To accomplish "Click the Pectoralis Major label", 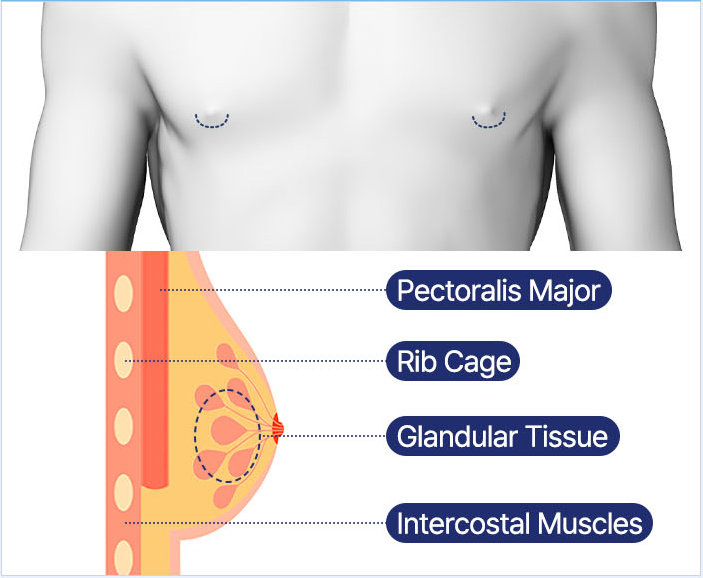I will (x=498, y=290).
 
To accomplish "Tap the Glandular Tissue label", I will (x=503, y=436).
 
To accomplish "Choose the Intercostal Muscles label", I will (x=520, y=522).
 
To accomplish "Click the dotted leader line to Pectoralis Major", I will (x=270, y=290).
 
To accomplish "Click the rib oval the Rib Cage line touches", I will (x=124, y=358).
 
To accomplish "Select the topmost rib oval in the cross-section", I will (x=124, y=293).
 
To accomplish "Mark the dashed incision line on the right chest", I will (x=489, y=124).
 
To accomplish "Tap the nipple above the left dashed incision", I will (x=212, y=104).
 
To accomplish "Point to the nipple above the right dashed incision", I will (x=487, y=104).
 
